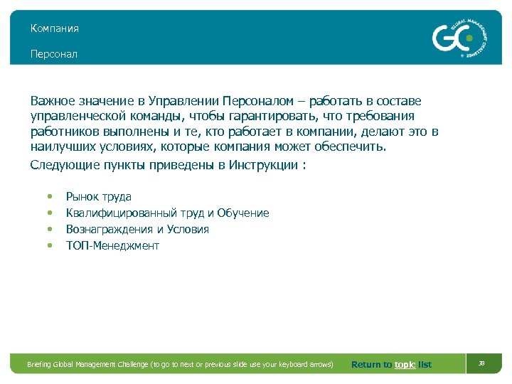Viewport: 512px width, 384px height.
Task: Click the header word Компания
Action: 54,29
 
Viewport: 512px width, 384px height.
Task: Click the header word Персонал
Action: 53,54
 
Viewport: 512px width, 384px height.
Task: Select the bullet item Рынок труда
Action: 98,197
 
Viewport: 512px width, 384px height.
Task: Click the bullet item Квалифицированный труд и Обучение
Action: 167,213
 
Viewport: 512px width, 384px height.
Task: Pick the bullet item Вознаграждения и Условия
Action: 137,230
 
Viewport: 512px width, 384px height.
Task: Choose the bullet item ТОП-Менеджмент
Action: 112,246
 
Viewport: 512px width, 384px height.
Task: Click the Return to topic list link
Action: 391,365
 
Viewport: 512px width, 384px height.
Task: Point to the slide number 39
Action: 481,363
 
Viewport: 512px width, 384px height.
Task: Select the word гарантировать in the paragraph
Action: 277,116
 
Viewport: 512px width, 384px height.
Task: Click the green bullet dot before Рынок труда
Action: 49,197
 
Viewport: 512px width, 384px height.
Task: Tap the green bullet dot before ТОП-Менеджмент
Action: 49,246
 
